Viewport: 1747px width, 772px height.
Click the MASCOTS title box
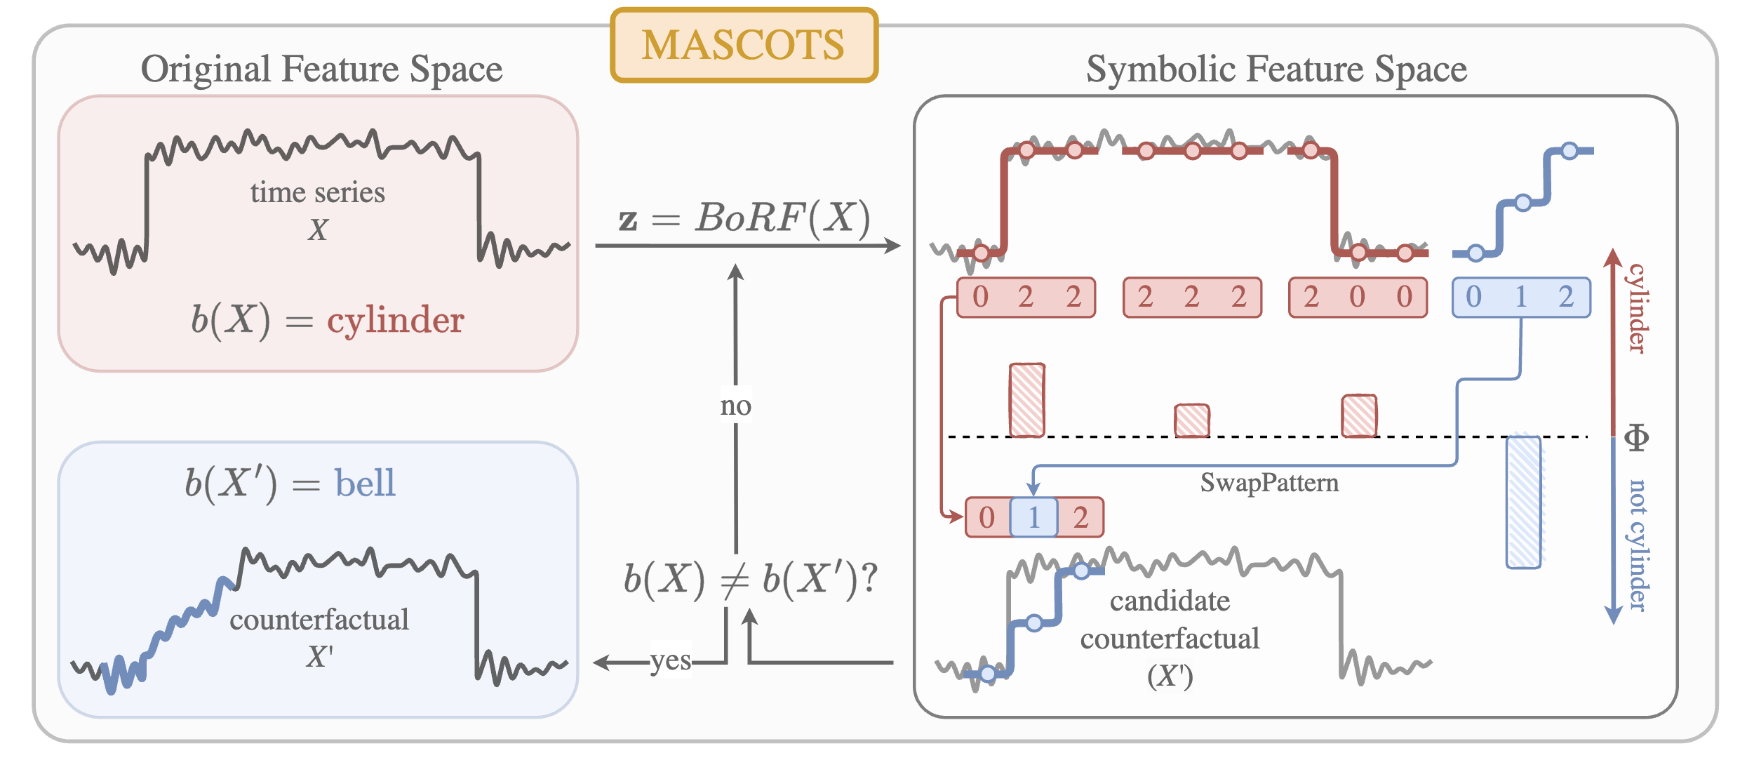tap(744, 46)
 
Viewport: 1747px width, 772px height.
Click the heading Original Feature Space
tap(321, 69)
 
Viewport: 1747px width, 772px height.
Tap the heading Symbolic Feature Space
tap(1276, 69)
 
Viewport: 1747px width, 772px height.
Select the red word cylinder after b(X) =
tap(396, 321)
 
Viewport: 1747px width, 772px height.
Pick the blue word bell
tap(365, 484)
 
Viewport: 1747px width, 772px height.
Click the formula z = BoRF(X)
tap(744, 218)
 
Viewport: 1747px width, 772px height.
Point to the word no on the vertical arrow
tap(735, 406)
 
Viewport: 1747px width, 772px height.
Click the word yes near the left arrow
tap(670, 660)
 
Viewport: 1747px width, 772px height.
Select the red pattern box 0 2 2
tap(1026, 298)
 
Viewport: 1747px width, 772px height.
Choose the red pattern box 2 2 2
tap(1192, 298)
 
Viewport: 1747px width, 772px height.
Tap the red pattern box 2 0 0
tap(1358, 298)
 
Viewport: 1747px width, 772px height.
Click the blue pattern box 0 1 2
tap(1520, 298)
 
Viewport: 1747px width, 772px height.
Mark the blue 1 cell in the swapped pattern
tap(1033, 518)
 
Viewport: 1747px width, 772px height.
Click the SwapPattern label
tap(1269, 483)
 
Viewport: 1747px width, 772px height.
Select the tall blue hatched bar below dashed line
tap(1523, 502)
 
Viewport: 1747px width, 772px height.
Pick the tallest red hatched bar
tap(1026, 400)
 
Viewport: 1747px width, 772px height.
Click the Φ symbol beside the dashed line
tap(1636, 438)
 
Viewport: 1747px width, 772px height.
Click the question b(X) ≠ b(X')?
tap(750, 580)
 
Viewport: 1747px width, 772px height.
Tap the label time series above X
tap(318, 192)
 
